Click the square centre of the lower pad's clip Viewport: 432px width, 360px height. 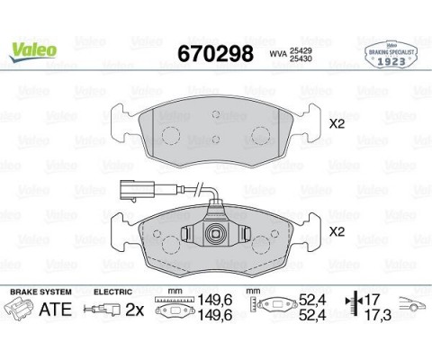218,237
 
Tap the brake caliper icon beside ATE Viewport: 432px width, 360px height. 20,310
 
